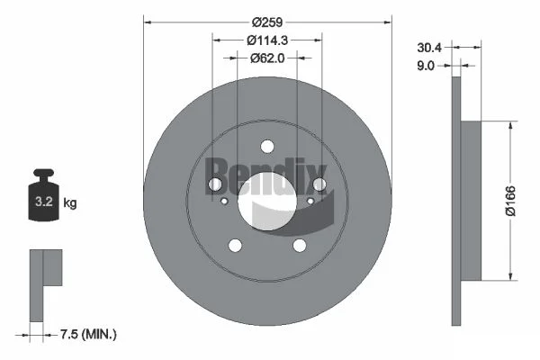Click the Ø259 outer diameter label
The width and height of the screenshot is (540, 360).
pos(267,22)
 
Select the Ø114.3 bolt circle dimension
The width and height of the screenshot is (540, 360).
pos(267,40)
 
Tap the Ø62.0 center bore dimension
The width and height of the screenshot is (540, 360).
pos(267,58)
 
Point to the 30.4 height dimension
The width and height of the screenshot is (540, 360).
pos(429,48)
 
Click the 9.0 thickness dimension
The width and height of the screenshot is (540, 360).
pos(426,66)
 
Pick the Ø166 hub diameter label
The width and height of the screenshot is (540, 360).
pos(510,201)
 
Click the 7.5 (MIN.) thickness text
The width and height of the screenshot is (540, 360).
pos(88,334)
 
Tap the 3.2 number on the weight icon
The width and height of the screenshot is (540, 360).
pos(44,202)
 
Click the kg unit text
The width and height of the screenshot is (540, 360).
pos(70,202)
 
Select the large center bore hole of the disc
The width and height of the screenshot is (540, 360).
pos(267,201)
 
